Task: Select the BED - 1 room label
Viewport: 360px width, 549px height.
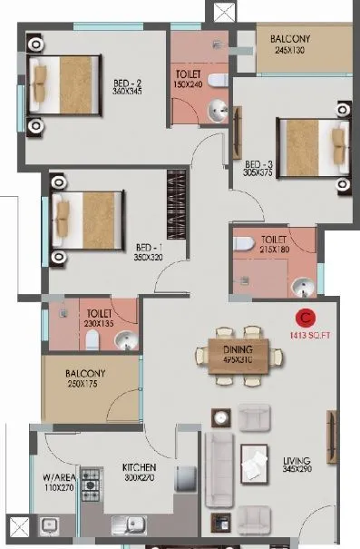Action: click(149, 247)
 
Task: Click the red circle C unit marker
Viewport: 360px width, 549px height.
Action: click(306, 318)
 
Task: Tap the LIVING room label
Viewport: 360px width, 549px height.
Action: click(297, 460)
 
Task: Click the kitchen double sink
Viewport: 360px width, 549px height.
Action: click(130, 524)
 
